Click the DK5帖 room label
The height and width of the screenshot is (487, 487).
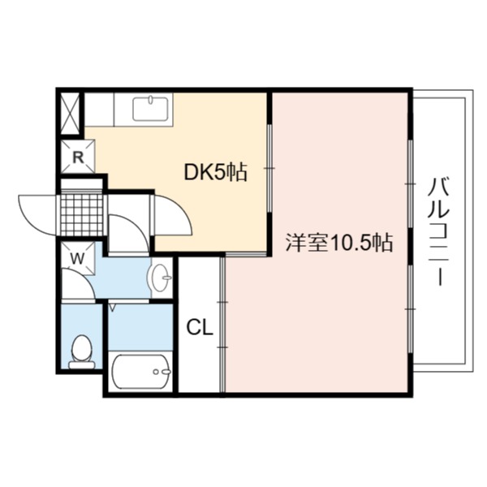(x=216, y=172)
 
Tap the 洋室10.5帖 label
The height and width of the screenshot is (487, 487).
(x=339, y=243)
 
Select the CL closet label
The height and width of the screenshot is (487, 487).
(x=200, y=327)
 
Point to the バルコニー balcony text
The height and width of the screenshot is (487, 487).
(x=439, y=231)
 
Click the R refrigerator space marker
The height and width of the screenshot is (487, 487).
(x=78, y=157)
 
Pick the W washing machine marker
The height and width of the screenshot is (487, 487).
(x=77, y=259)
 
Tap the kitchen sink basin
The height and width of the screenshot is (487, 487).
(x=150, y=109)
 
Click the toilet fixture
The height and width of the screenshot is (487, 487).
(x=82, y=351)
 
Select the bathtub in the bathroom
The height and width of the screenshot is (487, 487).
(x=140, y=371)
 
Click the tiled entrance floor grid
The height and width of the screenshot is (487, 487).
(x=82, y=215)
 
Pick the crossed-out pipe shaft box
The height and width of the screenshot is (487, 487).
(x=70, y=113)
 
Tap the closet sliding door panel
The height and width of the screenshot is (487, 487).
(x=222, y=324)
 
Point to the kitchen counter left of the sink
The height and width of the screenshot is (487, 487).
(x=99, y=110)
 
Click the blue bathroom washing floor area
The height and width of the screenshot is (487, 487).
(x=140, y=327)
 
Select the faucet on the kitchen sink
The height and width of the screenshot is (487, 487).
(x=151, y=99)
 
